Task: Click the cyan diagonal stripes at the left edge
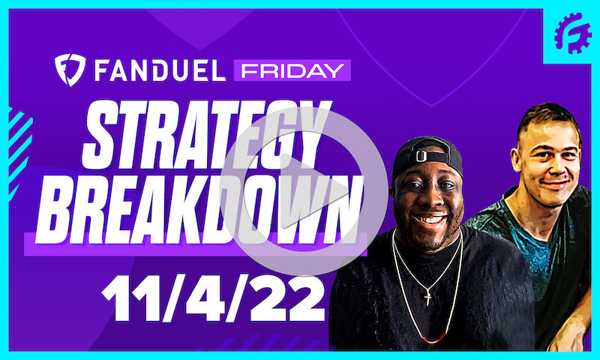click(16, 142)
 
